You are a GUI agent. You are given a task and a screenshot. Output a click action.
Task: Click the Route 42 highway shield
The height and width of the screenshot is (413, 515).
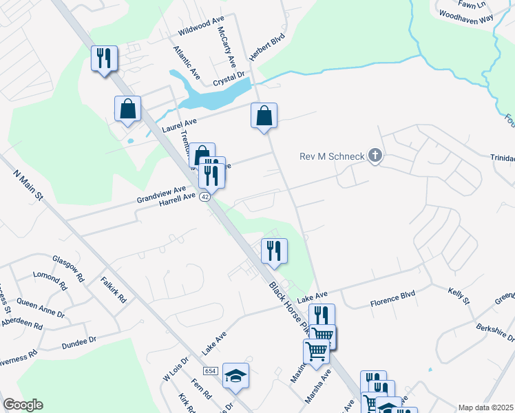point(205,197)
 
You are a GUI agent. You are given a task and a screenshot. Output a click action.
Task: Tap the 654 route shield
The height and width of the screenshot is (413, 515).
point(211,371)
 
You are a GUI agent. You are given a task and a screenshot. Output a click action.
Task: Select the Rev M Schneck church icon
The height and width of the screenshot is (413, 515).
point(375,156)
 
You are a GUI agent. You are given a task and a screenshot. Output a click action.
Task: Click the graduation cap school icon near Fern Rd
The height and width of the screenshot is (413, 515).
point(235,376)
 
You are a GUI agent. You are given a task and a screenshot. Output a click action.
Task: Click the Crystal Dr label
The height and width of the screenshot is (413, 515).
point(229,78)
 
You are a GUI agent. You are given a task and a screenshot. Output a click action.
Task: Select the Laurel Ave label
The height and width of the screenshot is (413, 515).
point(179,125)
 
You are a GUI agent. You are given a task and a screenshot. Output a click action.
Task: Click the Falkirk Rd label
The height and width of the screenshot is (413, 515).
point(114,290)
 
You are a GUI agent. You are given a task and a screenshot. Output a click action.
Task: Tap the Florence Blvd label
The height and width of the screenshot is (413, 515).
point(393,299)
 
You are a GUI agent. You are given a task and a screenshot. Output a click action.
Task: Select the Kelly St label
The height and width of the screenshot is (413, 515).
point(459,297)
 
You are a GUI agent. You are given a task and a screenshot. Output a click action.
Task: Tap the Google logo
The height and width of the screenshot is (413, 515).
point(23,405)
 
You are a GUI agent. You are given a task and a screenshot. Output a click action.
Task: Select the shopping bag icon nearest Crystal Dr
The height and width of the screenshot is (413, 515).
point(264,116)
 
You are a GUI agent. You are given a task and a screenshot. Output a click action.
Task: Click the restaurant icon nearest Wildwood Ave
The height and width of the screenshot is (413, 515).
point(105,59)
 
